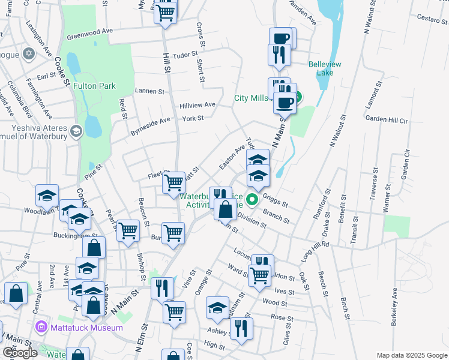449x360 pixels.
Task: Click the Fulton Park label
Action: click(x=94, y=86)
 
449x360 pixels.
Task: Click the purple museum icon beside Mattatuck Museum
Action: click(x=41, y=328)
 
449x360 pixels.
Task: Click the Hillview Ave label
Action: click(x=197, y=105)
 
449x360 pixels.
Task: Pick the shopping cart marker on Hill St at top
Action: click(x=165, y=11)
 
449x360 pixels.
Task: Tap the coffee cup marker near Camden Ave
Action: click(x=280, y=38)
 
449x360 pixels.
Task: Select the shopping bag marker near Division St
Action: click(x=225, y=209)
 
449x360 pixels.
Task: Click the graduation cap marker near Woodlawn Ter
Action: click(x=47, y=195)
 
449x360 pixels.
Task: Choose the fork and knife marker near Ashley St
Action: click(x=241, y=328)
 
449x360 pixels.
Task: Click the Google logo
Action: click(x=20, y=353)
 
